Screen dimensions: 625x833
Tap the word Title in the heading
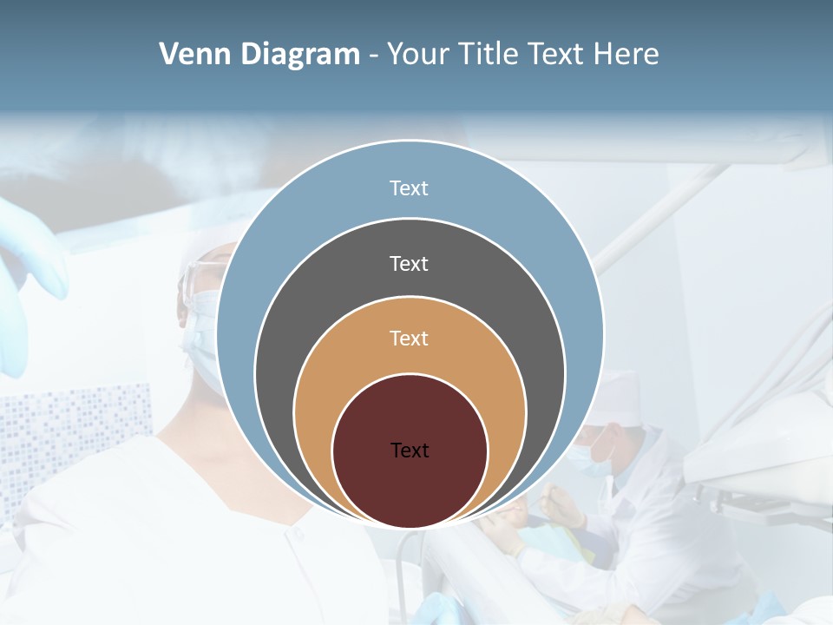pos(492,54)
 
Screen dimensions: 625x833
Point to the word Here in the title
pos(626,54)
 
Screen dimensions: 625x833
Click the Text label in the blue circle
pos(409,188)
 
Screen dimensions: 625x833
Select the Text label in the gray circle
pos(409,264)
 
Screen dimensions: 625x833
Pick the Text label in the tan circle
pos(409,339)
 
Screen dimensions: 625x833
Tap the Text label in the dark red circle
pos(410,451)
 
